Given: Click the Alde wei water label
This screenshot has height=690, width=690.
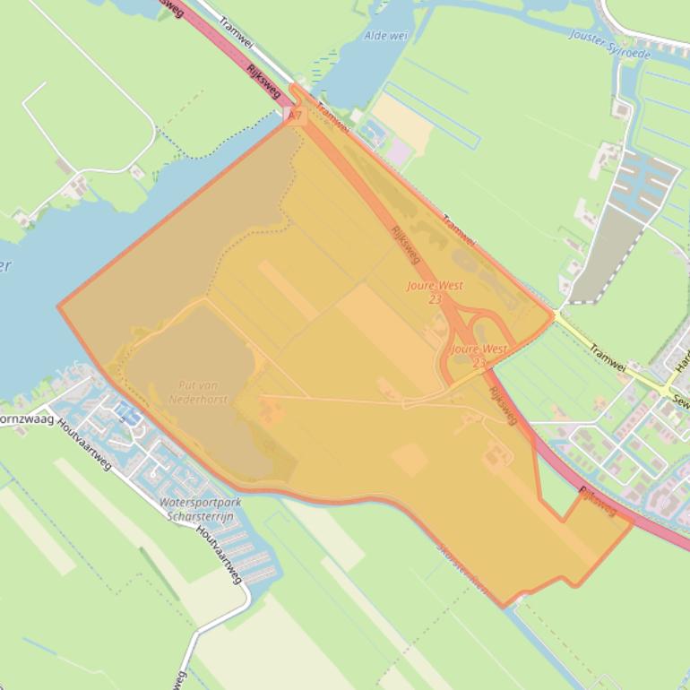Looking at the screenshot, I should (x=386, y=36).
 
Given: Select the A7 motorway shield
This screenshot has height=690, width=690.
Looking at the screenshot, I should (x=295, y=116).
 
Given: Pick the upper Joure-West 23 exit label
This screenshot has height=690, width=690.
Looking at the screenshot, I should (x=436, y=291).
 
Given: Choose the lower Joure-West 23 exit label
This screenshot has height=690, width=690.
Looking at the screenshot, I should (x=479, y=355).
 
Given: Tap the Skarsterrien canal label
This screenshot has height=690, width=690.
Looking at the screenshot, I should (x=462, y=570).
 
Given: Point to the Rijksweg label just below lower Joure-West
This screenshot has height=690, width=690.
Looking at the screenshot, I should (x=504, y=406).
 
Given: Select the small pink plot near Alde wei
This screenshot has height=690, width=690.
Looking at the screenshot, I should (x=398, y=153).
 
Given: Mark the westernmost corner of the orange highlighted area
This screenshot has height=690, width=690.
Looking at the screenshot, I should (x=59, y=307).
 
